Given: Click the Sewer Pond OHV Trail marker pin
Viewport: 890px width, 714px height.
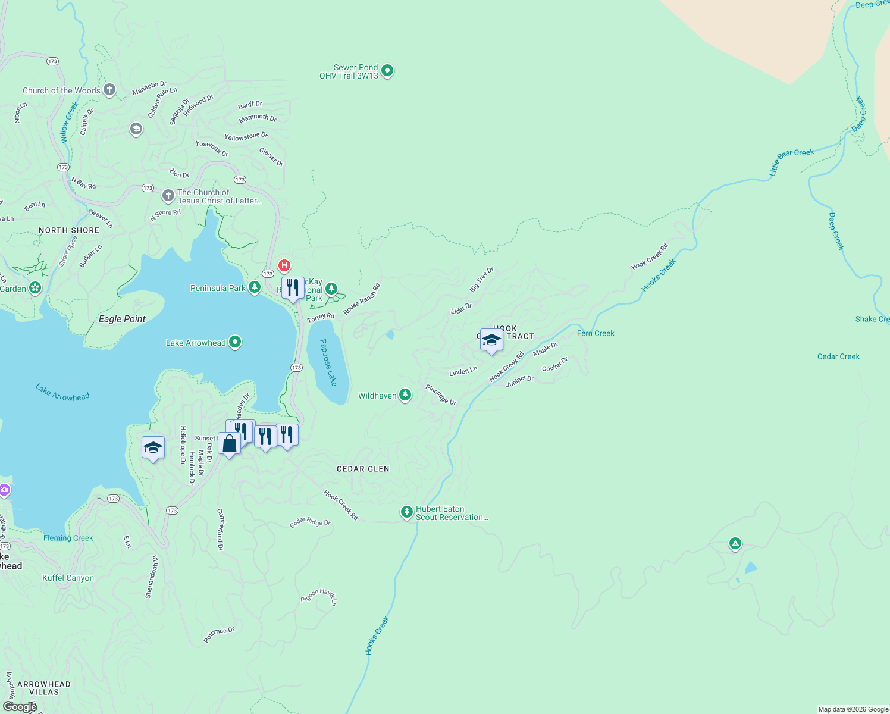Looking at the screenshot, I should pyautogui.click(x=387, y=71).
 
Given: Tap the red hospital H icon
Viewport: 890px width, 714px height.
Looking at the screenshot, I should pyautogui.click(x=284, y=265).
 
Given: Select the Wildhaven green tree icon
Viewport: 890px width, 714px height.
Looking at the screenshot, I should pyautogui.click(x=405, y=395).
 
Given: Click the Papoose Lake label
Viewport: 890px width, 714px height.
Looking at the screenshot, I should pyautogui.click(x=328, y=362).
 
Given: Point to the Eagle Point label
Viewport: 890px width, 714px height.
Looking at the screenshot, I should pyautogui.click(x=122, y=320).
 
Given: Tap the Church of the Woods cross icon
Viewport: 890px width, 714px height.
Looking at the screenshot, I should pyautogui.click(x=109, y=90).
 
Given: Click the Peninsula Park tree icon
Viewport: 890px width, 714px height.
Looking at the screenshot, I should pyautogui.click(x=255, y=287).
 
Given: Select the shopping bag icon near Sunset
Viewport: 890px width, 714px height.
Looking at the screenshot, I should pyautogui.click(x=229, y=443).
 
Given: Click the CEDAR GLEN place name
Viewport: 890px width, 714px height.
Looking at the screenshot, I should pyautogui.click(x=363, y=469).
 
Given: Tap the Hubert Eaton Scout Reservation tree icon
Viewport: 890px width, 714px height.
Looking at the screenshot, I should pyautogui.click(x=406, y=512).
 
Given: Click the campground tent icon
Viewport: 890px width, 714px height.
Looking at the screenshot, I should pyautogui.click(x=735, y=543).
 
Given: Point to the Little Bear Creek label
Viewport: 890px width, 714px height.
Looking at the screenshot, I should pyautogui.click(x=791, y=161).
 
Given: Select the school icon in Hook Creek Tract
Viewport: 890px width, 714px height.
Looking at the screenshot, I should pyautogui.click(x=491, y=340).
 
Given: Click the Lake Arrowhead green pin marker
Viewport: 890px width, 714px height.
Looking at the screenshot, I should pyautogui.click(x=235, y=342).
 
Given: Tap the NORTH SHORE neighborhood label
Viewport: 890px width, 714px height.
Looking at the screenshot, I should pyautogui.click(x=69, y=230).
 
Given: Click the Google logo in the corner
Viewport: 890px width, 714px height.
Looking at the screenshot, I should pyautogui.click(x=20, y=706).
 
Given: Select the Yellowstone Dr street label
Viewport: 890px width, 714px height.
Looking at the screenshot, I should pyautogui.click(x=246, y=137).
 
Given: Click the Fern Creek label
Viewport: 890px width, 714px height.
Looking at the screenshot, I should pyautogui.click(x=596, y=333).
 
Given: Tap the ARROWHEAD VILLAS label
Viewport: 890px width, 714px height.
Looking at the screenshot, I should pyautogui.click(x=44, y=688).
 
